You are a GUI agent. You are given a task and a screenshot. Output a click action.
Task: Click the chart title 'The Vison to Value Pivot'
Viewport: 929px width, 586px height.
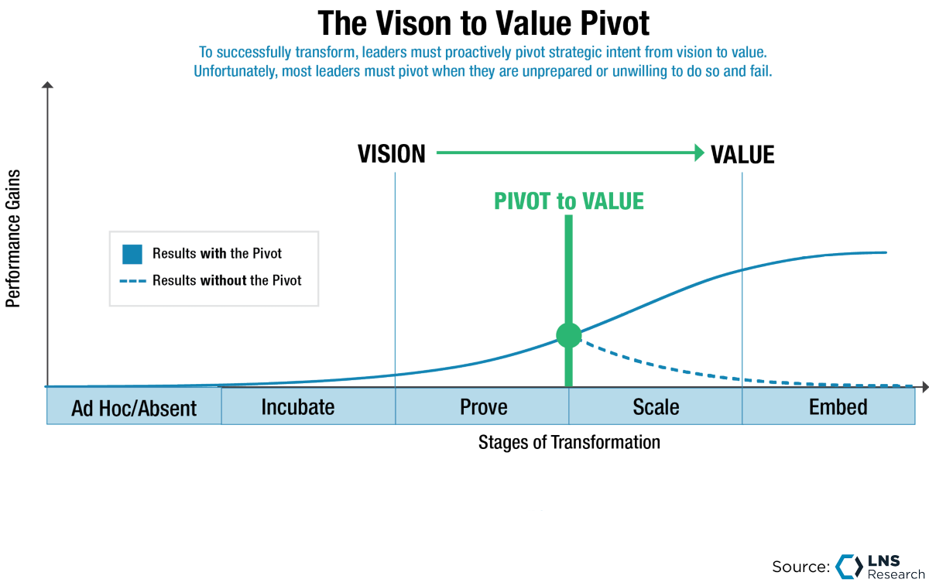pyautogui.click(x=484, y=23)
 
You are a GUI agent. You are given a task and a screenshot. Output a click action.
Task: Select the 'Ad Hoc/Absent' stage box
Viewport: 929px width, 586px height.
pyautogui.click(x=134, y=408)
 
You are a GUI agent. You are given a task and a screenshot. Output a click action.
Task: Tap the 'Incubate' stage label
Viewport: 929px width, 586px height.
pyautogui.click(x=298, y=406)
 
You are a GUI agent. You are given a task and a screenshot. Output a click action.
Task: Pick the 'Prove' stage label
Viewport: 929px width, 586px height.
pyautogui.click(x=483, y=406)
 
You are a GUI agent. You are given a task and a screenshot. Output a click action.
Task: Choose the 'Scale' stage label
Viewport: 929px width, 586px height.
pyautogui.click(x=656, y=406)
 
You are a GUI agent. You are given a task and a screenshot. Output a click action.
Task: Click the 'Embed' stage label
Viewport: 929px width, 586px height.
pyautogui.click(x=838, y=406)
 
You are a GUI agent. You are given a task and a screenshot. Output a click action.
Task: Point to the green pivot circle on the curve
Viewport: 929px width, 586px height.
pyautogui.click(x=569, y=335)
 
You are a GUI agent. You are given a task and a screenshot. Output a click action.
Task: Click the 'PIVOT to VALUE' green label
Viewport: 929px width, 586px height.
pyautogui.click(x=569, y=201)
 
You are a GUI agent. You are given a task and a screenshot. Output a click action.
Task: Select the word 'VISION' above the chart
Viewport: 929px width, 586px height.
pyautogui.click(x=392, y=154)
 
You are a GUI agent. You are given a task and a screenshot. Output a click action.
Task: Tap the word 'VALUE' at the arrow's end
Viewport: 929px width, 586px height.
pyautogui.click(x=742, y=154)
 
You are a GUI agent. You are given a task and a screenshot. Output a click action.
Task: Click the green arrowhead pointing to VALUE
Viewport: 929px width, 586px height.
pyautogui.click(x=699, y=152)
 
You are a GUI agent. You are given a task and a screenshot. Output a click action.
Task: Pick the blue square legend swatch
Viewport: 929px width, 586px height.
pyautogui.click(x=132, y=254)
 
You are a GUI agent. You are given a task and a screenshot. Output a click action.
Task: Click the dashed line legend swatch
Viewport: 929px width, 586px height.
pyautogui.click(x=132, y=280)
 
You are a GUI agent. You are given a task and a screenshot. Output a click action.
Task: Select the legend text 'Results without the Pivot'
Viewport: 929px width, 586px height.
pyautogui.click(x=227, y=280)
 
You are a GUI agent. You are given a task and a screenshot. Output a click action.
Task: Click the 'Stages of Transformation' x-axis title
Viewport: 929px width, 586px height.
pyautogui.click(x=569, y=443)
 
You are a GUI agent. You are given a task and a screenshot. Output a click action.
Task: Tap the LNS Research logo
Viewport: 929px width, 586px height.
pyautogui.click(x=879, y=566)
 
